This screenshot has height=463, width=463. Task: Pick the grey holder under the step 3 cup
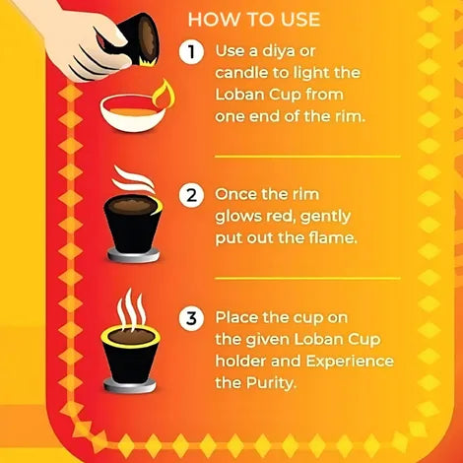130,385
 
